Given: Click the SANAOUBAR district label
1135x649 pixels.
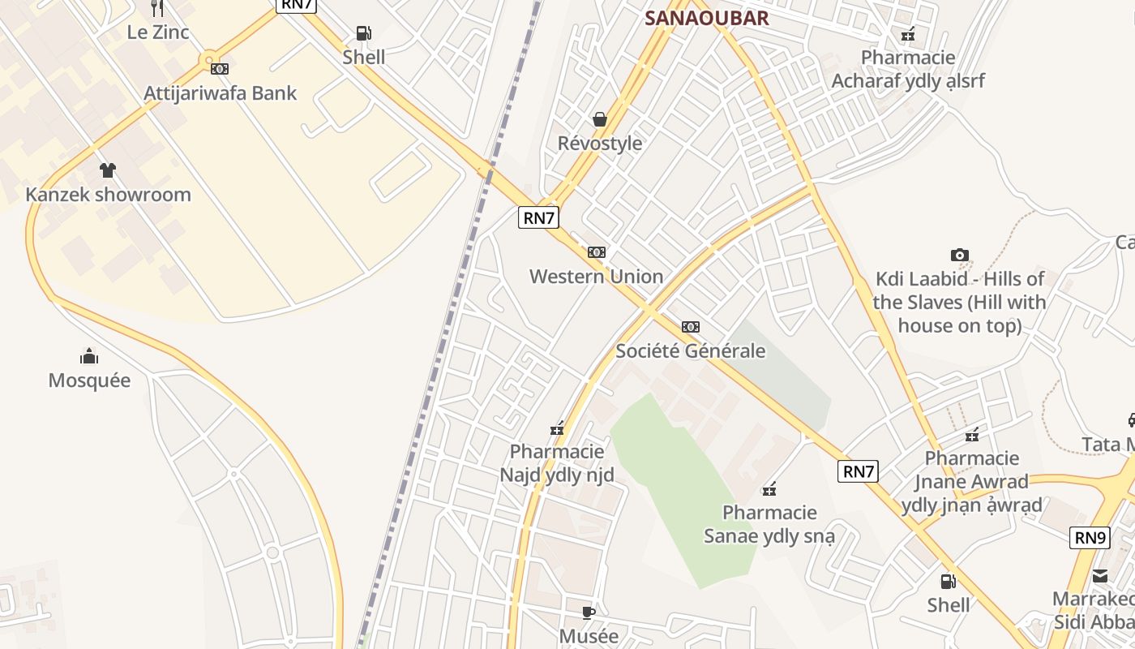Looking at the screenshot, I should [706, 19].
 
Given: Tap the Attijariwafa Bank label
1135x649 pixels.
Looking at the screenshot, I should [221, 93].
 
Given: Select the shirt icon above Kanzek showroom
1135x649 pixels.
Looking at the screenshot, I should [108, 170].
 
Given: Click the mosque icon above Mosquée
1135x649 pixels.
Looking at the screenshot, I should [89, 356].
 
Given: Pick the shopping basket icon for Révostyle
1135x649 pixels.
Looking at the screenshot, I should [600, 120].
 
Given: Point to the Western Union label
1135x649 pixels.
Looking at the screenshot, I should [596, 277].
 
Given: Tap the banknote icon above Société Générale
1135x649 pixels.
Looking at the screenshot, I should [691, 327].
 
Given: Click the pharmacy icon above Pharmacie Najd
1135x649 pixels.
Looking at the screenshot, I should [557, 428].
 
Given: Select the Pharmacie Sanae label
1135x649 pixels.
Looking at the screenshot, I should [769, 524].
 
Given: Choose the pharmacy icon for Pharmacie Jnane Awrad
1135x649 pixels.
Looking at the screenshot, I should [972, 435].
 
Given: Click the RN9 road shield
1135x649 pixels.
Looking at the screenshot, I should [1089, 537].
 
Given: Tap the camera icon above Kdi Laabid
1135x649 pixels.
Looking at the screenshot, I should [960, 256].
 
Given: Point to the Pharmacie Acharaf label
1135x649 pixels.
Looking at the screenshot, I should [908, 69].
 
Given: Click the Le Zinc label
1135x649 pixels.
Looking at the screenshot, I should [158, 32].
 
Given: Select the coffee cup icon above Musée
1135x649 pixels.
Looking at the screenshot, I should [589, 612].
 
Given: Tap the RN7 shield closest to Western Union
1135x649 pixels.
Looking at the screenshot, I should [539, 217].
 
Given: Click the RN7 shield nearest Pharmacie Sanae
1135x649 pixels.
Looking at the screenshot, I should [859, 471].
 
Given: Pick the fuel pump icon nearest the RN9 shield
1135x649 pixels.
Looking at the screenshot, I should [948, 582].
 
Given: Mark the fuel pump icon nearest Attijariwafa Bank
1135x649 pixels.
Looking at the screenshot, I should [364, 33].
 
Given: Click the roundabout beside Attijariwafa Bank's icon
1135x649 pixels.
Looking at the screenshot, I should [209, 60].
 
